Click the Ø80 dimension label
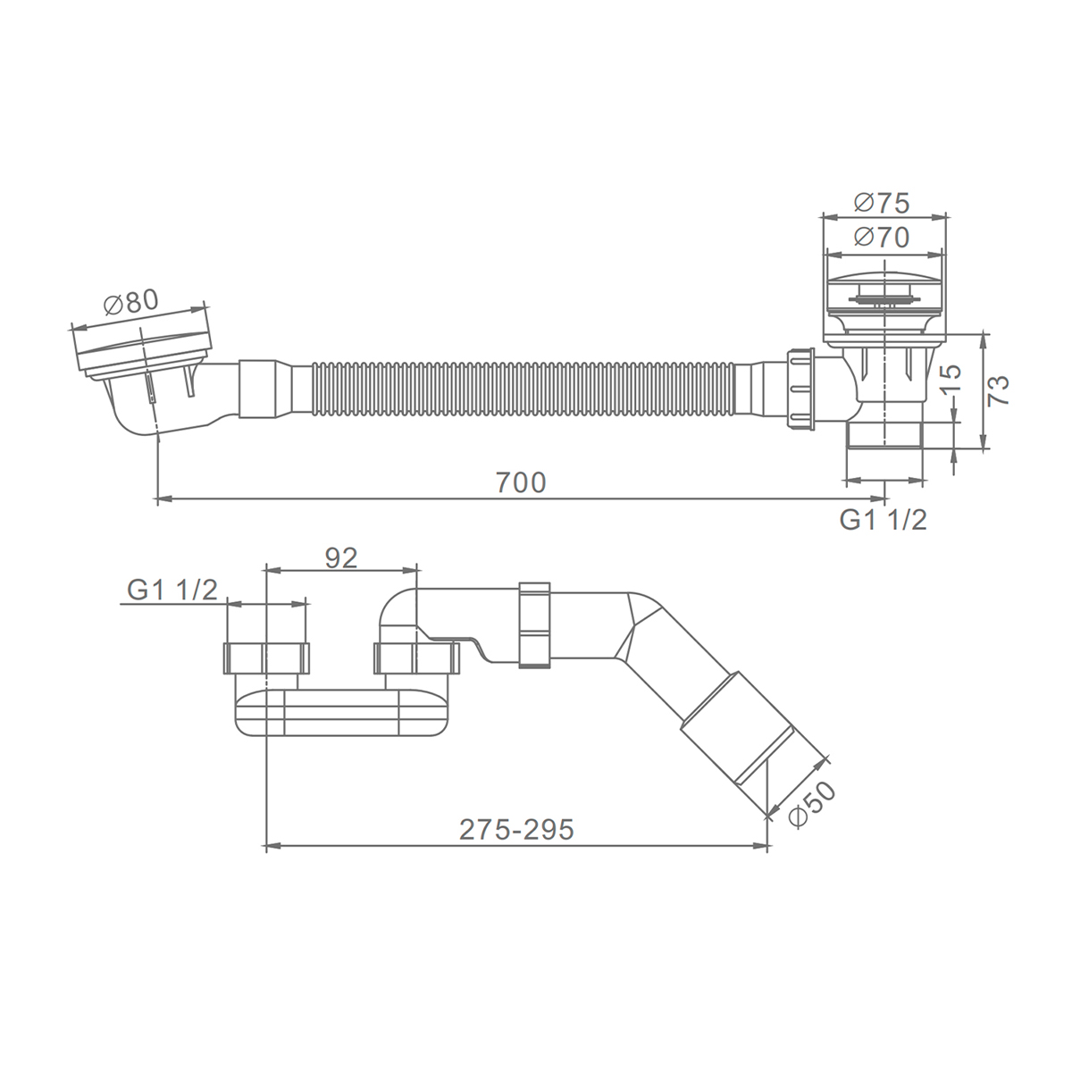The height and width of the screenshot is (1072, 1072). point(130,303)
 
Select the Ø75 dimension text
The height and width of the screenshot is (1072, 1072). point(882,203)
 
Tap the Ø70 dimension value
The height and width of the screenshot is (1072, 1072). point(882,238)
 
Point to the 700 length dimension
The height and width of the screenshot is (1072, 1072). point(521,482)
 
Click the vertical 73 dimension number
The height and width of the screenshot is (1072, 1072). point(999,390)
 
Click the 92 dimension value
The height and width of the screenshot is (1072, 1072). point(341,558)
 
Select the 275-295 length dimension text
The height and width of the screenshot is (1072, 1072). point(516,830)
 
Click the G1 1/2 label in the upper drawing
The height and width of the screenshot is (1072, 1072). point(883,520)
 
